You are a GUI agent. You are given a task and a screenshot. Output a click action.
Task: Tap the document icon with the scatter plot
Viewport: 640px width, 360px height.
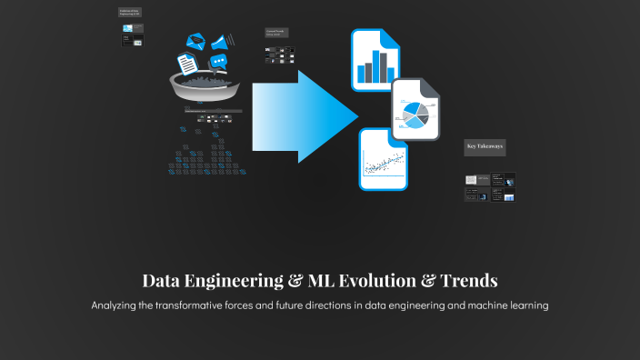383,160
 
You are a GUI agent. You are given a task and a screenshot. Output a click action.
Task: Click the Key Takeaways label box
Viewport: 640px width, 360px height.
485,145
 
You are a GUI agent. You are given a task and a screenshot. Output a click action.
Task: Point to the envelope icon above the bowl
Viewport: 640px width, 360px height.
195,42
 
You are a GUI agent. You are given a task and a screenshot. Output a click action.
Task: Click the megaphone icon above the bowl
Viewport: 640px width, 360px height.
221,41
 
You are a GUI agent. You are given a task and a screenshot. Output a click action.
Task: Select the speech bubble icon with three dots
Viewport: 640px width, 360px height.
218,62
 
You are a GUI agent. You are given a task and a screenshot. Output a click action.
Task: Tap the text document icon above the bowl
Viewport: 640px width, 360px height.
186,63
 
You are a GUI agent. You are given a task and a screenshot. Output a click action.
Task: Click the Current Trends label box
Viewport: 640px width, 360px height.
276,32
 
